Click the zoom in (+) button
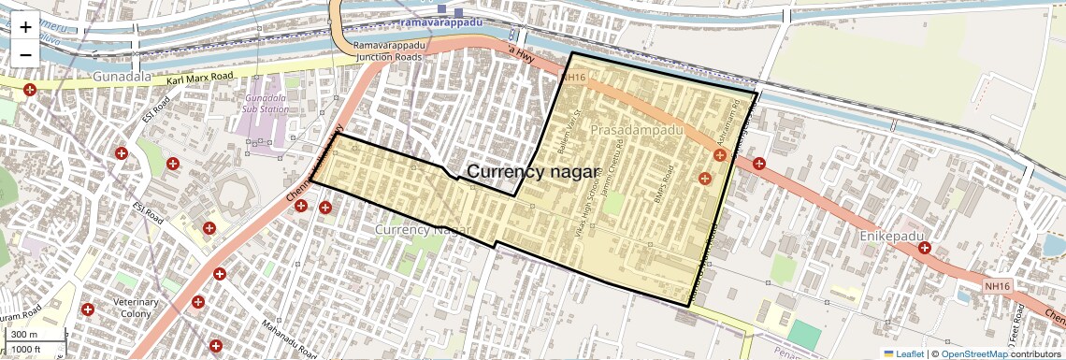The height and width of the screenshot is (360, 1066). [25, 27]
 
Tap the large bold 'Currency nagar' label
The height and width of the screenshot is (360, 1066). [532, 171]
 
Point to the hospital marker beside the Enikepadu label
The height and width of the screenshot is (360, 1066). [924, 248]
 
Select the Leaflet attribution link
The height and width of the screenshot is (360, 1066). [904, 353]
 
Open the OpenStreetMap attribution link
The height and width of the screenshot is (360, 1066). [973, 353]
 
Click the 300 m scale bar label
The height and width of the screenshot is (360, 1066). [25, 335]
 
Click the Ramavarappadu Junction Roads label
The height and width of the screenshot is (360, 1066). [387, 50]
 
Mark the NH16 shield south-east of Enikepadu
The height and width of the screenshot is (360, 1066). [998, 285]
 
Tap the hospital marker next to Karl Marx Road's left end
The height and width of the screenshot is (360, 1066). [30, 90]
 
